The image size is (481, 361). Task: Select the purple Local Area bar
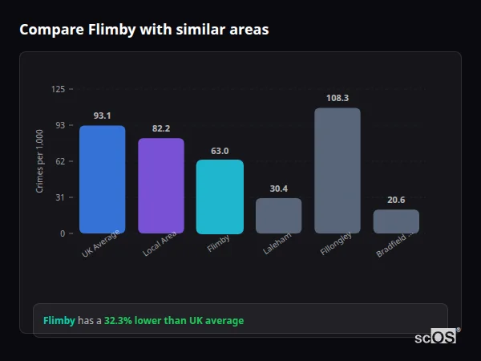click(161, 185)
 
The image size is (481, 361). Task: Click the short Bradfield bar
click(396, 221)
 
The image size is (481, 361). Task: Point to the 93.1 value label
click(102, 116)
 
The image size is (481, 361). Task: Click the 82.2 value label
click(161, 128)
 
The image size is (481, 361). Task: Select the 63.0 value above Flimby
click(220, 151)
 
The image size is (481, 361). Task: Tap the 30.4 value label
click(279, 189)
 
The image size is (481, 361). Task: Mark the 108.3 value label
click(338, 98)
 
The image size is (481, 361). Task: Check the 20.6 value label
click(396, 200)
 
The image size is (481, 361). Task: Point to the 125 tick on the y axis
click(58, 89)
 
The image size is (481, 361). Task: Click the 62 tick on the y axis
click(60, 161)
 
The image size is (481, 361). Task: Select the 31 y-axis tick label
click(60, 197)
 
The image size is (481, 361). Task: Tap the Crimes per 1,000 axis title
click(40, 161)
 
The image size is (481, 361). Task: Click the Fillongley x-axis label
click(335, 246)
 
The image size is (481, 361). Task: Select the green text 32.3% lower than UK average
click(174, 321)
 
